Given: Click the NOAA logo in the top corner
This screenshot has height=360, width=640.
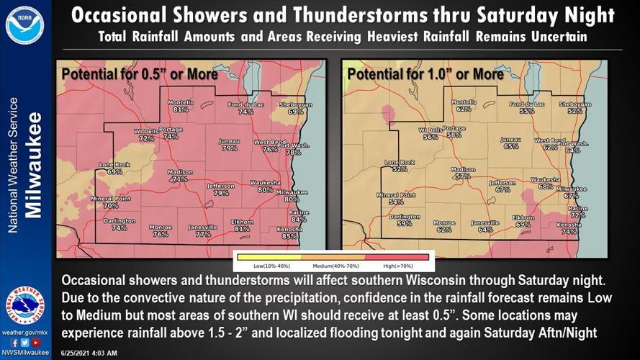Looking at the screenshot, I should click(24, 24).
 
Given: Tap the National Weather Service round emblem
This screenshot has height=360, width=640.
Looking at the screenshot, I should click(25, 305).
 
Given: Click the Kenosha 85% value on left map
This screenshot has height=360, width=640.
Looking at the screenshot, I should click(289, 233).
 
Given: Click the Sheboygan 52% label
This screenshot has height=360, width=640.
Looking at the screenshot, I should click(574, 108).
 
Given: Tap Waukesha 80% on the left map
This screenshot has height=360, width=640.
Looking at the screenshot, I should click(265, 186).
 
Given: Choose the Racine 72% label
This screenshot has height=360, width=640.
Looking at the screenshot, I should click(578, 212).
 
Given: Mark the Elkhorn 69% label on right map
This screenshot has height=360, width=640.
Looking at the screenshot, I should click(523, 221).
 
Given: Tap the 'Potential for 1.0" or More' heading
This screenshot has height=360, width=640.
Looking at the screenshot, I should click(415, 73).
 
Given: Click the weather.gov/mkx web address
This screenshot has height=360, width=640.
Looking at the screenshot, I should click(25, 332).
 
